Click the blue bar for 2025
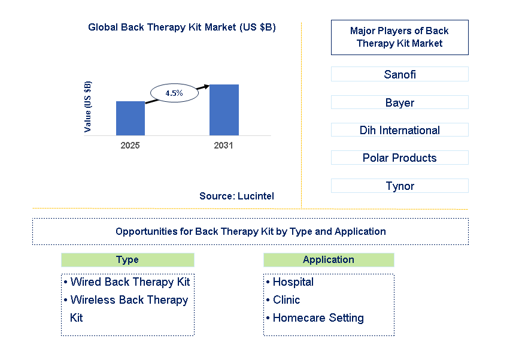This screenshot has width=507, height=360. pyautogui.click(x=130, y=118)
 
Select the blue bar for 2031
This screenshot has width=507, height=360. pyautogui.click(x=224, y=110)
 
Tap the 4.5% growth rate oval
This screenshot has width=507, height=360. pyautogui.click(x=174, y=93)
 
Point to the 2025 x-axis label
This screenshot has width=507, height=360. pyautogui.click(x=130, y=146)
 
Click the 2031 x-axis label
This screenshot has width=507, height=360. pyautogui.click(x=223, y=146)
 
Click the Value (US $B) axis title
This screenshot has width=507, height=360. pyautogui.click(x=88, y=107)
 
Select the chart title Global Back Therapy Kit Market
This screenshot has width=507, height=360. pyautogui.click(x=181, y=28)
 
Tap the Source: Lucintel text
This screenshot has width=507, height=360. pyautogui.click(x=236, y=196)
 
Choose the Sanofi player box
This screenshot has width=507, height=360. pyautogui.click(x=399, y=75)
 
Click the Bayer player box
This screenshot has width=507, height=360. pyautogui.click(x=399, y=102)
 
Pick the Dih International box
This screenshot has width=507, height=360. pyautogui.click(x=399, y=130)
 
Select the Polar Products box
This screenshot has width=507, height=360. pyautogui.click(x=399, y=158)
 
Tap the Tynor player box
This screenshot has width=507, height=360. pyautogui.click(x=399, y=186)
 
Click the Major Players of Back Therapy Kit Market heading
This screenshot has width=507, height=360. pyautogui.click(x=399, y=37)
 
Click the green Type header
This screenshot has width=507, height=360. pyautogui.click(x=127, y=260)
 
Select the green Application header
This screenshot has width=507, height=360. pyautogui.click(x=329, y=260)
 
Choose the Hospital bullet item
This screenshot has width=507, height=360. pyautogui.click(x=293, y=282)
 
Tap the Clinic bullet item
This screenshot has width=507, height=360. pyautogui.click(x=286, y=300)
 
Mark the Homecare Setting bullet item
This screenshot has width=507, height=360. pyautogui.click(x=318, y=318)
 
